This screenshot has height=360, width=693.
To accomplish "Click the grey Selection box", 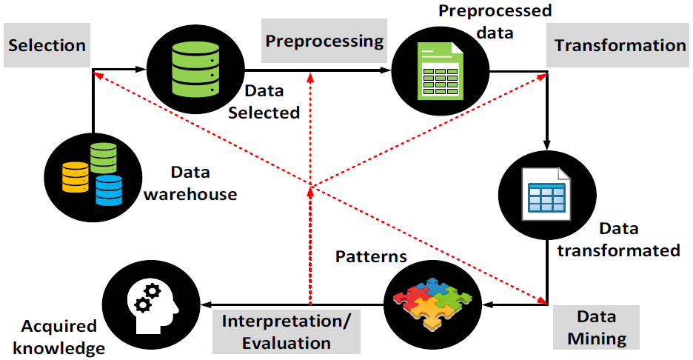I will [47, 45].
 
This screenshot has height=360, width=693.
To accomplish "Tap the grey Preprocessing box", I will [325, 40].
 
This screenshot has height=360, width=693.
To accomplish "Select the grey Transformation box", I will [620, 45].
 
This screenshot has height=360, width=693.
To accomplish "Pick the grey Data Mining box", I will [597, 328].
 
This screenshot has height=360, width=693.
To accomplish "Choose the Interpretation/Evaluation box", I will [287, 332].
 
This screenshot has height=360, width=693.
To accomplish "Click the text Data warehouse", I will [190, 184].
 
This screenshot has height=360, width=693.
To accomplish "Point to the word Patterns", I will [371, 257].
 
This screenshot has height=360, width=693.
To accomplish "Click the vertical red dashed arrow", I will [311, 222].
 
